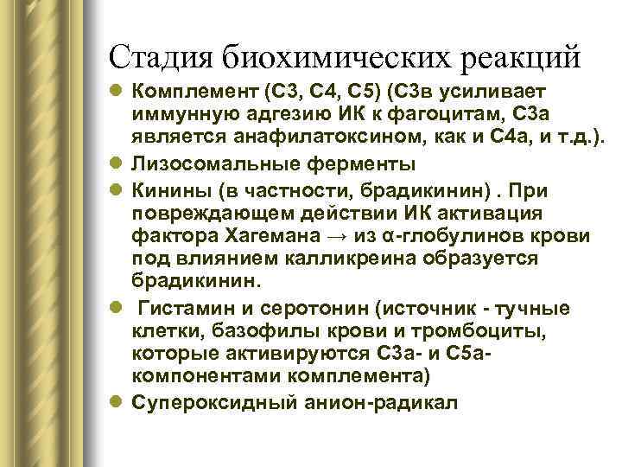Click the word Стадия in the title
(x=162, y=57)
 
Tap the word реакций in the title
(x=514, y=57)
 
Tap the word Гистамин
(x=179, y=309)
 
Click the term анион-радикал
(x=381, y=403)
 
